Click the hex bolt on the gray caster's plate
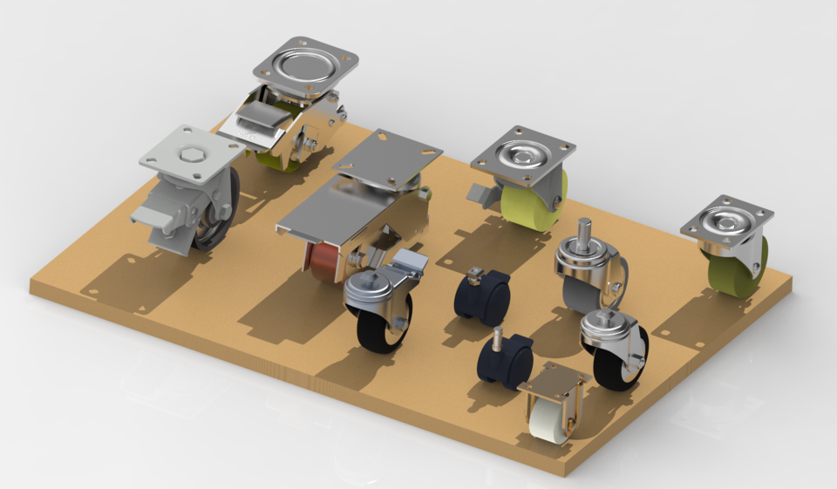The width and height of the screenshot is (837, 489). (191, 154)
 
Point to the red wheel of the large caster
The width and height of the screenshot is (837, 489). (325, 262)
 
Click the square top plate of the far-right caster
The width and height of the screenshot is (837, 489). (727, 221)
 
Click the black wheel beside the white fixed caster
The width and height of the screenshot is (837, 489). (614, 367)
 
